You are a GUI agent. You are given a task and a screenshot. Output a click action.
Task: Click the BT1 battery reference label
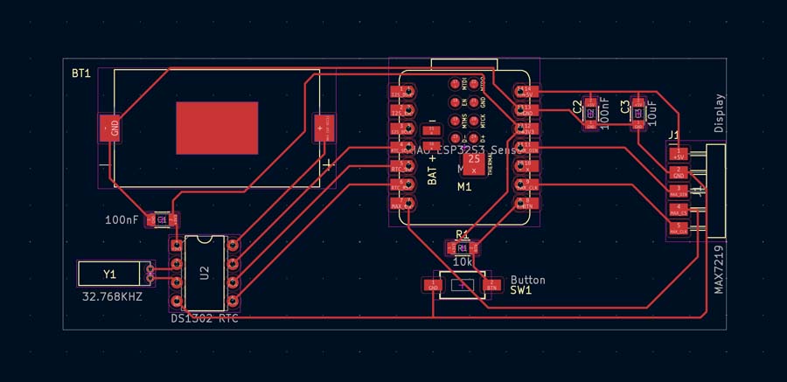(x=81, y=74)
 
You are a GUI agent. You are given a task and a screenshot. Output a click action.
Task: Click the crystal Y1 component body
(x=109, y=274)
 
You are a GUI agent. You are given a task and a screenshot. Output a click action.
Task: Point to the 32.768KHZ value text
(x=111, y=296)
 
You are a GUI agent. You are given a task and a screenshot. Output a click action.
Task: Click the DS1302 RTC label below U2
(x=205, y=318)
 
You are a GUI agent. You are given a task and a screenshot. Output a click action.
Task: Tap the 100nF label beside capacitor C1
(x=121, y=220)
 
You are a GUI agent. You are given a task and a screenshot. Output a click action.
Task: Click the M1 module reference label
(x=464, y=187)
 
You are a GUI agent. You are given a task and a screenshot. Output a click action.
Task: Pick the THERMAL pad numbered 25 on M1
(x=474, y=163)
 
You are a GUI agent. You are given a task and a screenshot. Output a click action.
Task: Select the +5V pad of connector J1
(x=678, y=154)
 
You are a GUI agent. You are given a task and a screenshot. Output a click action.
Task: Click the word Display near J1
(x=719, y=114)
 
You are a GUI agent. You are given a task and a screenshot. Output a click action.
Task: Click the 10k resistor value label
(x=463, y=262)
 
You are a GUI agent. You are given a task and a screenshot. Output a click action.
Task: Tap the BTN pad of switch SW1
(x=491, y=285)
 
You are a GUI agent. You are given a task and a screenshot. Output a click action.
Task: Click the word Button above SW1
(x=527, y=280)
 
